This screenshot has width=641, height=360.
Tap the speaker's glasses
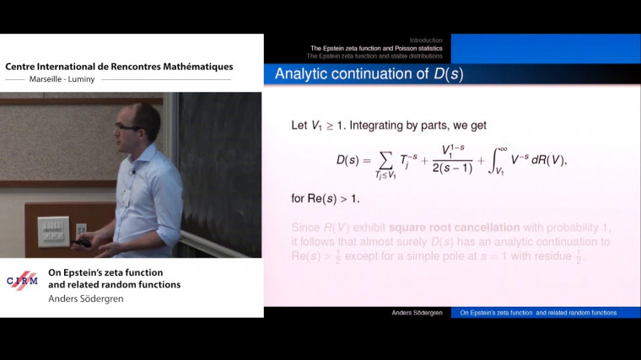(128, 126)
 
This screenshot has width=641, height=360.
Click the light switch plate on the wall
(54, 230)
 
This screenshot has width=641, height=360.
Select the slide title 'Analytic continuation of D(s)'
(369, 74)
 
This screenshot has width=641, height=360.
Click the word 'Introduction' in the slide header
(426, 40)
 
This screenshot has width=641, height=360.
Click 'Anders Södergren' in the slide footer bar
(417, 313)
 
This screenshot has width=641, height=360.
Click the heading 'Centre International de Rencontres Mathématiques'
(119, 67)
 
